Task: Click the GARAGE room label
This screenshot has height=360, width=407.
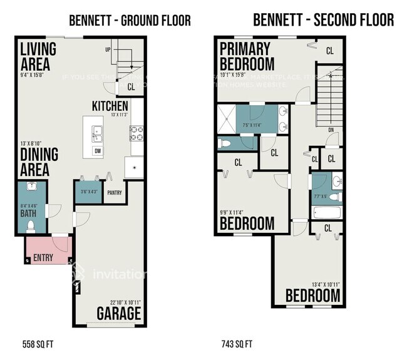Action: pos(119,314)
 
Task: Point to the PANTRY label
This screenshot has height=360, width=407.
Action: pos(114,193)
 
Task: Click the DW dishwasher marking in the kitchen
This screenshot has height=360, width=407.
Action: pos(98,151)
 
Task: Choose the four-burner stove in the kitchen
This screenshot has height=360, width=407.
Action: pos(136,132)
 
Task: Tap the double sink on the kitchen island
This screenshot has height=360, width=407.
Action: pos(97,132)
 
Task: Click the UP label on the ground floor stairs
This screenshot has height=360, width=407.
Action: pos(108,49)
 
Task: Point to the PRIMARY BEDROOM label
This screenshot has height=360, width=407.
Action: pos(246,56)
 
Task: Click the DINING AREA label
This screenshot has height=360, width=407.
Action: pos(39,162)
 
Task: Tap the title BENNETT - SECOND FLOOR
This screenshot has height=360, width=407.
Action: pos(323,20)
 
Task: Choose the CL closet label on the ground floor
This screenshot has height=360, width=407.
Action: pos(131,87)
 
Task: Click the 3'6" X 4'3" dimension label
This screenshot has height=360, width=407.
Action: pos(90,192)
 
